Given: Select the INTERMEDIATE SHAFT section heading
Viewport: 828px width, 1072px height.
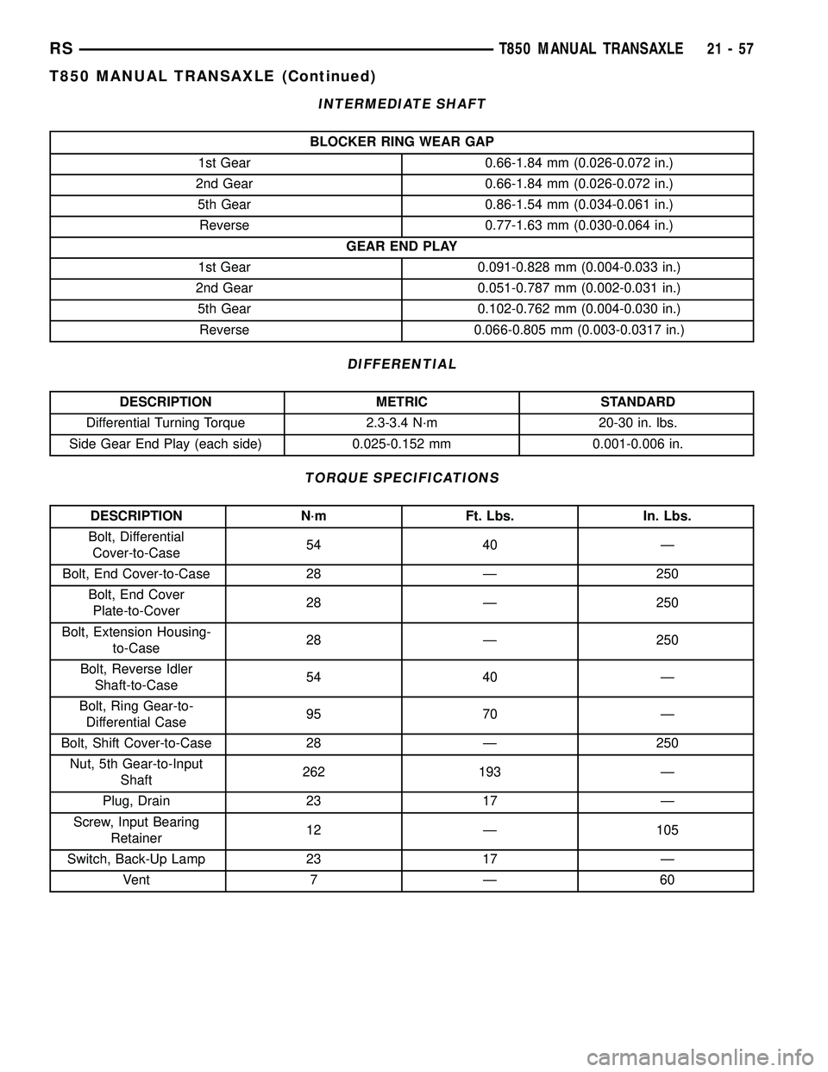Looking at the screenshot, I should [402, 104].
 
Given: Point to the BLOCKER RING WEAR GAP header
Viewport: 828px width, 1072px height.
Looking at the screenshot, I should [402, 142].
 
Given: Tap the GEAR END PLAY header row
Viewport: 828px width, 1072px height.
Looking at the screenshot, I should [402, 247].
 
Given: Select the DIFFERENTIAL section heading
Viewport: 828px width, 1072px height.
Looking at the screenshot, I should [402, 364].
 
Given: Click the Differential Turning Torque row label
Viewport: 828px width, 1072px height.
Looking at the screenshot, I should [166, 423].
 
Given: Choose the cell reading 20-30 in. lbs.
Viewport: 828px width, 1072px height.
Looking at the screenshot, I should [637, 423].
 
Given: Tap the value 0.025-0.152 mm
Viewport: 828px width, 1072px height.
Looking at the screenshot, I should [402, 445].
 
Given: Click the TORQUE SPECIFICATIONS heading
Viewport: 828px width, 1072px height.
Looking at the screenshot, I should [402, 477].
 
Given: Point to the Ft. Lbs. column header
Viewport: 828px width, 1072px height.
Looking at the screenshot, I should [489, 516].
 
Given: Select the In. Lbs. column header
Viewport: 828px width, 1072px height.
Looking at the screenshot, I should [667, 516].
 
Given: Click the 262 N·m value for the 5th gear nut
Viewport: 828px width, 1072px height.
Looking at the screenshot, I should [314, 772].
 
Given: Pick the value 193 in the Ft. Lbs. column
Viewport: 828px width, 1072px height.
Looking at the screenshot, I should [489, 772].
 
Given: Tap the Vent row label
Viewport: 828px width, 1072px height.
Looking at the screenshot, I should [136, 880].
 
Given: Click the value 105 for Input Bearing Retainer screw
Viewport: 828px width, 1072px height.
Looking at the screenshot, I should [667, 830].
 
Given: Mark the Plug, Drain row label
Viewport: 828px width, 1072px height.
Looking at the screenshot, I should [136, 801].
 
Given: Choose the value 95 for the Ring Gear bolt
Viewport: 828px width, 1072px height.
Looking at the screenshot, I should [314, 715].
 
